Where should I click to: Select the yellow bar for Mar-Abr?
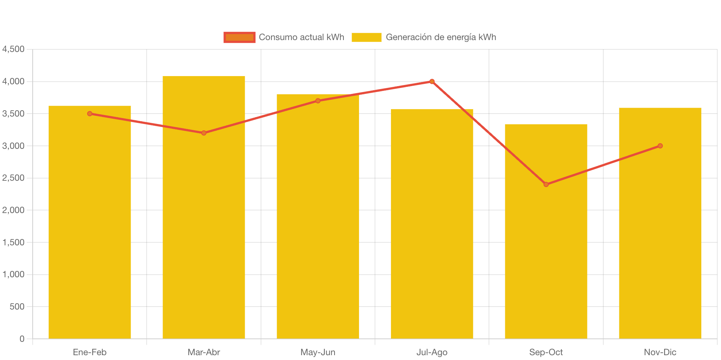point(204,223)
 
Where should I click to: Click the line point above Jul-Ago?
point(432,81)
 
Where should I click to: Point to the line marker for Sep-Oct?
point(546,184)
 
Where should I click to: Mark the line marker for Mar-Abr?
point(204,133)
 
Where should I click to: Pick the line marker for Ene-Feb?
point(90,114)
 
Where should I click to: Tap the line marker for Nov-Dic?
point(660,146)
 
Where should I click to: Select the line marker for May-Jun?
point(318,101)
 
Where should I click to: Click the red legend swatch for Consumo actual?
point(239,37)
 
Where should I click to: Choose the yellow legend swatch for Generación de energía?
point(366,37)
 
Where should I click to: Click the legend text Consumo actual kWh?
point(301,37)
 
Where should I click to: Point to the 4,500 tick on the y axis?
point(13,49)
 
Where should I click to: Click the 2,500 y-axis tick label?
point(13,178)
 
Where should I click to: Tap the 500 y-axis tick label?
point(17,307)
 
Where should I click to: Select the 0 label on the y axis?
point(22,338)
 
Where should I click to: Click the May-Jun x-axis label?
point(318,352)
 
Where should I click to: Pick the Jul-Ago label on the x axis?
point(432,352)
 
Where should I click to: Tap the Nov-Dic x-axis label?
point(660,352)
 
